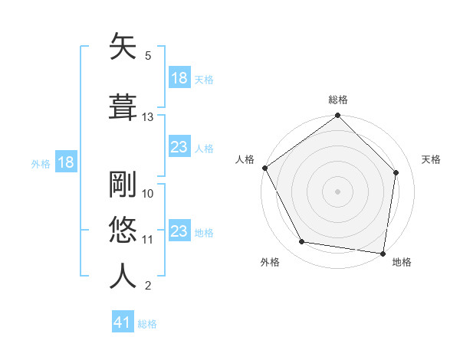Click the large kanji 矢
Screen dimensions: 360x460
click(123, 47)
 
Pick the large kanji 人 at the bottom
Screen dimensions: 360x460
click(123, 275)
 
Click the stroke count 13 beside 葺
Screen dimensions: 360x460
click(148, 117)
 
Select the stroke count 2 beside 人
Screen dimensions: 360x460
click(148, 286)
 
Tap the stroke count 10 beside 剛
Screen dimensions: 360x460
click(148, 194)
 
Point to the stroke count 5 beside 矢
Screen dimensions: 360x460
click(148, 56)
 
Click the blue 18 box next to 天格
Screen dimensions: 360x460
click(179, 78)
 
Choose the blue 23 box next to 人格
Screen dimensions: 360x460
click(179, 147)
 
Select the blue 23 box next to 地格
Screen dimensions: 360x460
click(179, 231)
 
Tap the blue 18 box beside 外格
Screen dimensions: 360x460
click(65, 162)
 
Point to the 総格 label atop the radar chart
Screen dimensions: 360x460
click(338, 100)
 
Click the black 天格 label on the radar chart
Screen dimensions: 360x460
click(432, 159)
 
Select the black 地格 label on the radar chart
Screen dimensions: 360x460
click(402, 263)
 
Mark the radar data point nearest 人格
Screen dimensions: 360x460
click(264, 168)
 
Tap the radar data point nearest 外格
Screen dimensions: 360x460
click(302, 242)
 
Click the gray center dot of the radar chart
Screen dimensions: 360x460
click(338, 191)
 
